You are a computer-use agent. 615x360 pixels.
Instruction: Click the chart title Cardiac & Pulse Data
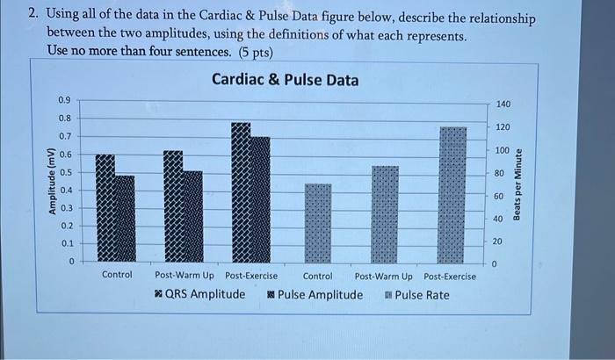[x=286, y=80]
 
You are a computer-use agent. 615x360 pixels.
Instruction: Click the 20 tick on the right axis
[x=498, y=241]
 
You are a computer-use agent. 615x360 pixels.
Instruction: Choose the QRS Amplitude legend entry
[x=198, y=294]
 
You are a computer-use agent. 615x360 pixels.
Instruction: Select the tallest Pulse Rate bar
[x=452, y=194]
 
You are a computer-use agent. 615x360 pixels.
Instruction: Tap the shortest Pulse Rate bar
[x=318, y=223]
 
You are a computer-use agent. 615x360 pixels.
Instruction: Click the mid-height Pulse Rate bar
[x=385, y=213]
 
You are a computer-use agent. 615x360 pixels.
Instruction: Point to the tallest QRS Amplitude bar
[x=241, y=192]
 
